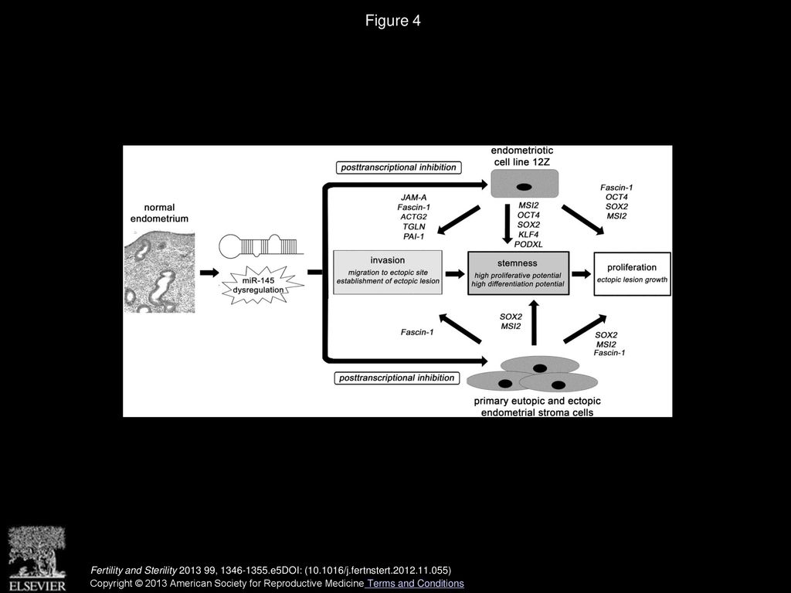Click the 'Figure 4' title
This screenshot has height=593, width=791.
click(392, 21)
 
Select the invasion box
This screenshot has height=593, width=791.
click(388, 273)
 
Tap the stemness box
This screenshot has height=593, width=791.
click(518, 273)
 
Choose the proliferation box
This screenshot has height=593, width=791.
click(632, 273)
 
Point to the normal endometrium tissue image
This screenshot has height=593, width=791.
click(159, 272)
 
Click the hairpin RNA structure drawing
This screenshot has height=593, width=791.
click(261, 245)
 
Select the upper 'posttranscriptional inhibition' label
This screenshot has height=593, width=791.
click(399, 168)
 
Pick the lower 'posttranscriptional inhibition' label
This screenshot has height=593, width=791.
click(397, 378)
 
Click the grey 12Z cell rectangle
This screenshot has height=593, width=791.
click(525, 183)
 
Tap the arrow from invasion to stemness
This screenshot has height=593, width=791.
click(455, 274)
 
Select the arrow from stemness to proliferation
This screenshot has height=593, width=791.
click(582, 274)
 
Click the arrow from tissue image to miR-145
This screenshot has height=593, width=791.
click(209, 273)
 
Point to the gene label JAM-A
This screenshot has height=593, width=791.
click(414, 198)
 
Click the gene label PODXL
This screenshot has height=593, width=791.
click(528, 244)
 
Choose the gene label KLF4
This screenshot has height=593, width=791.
click(528, 235)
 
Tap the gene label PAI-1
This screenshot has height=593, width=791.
click(414, 236)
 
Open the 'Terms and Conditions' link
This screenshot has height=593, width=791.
click(415, 584)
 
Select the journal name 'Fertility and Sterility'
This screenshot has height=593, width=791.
click(134, 571)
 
